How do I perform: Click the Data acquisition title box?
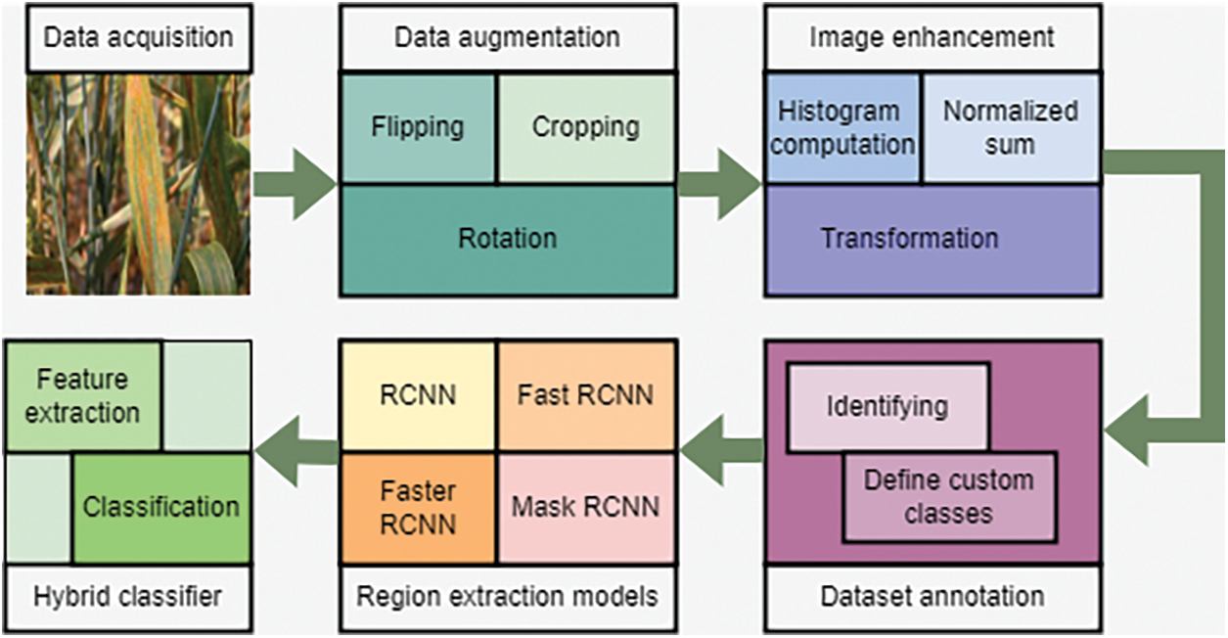(138, 38)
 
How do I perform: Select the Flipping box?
(418, 127)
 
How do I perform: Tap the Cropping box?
(586, 127)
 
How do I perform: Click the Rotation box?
(507, 239)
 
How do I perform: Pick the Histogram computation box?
(842, 127)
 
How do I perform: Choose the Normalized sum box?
(1010, 127)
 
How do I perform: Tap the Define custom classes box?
(949, 497)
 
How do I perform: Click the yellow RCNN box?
(418, 395)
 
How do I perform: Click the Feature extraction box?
(83, 396)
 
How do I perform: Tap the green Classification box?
(161, 507)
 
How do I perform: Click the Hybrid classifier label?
(127, 596)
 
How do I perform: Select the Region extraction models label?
(507, 596)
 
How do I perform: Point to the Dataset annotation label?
(932, 596)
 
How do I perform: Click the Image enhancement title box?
(932, 38)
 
